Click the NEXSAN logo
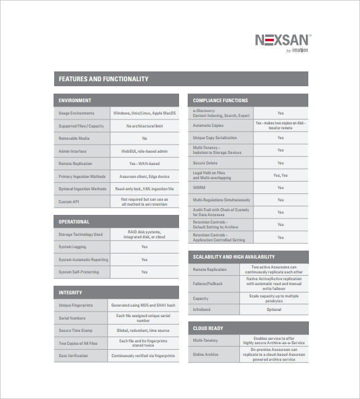coord(283,41)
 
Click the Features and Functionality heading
coord(103,79)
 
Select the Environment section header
coord(75,100)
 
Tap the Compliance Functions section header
coord(220,100)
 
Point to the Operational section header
coord(74,222)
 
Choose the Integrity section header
coord(70,292)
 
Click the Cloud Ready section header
coord(208,328)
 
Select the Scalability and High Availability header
coord(234,257)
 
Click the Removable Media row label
coord(74,139)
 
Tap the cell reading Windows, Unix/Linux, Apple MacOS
coord(145,113)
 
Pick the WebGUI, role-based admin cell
coord(145,151)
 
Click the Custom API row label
coord(69,201)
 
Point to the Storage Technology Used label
coord(81,235)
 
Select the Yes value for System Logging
coord(145,247)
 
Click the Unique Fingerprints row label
coord(76,305)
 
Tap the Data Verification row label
coord(74,356)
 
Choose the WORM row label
coord(199,188)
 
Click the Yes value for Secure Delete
coord(281,163)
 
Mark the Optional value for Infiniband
coord(274,310)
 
